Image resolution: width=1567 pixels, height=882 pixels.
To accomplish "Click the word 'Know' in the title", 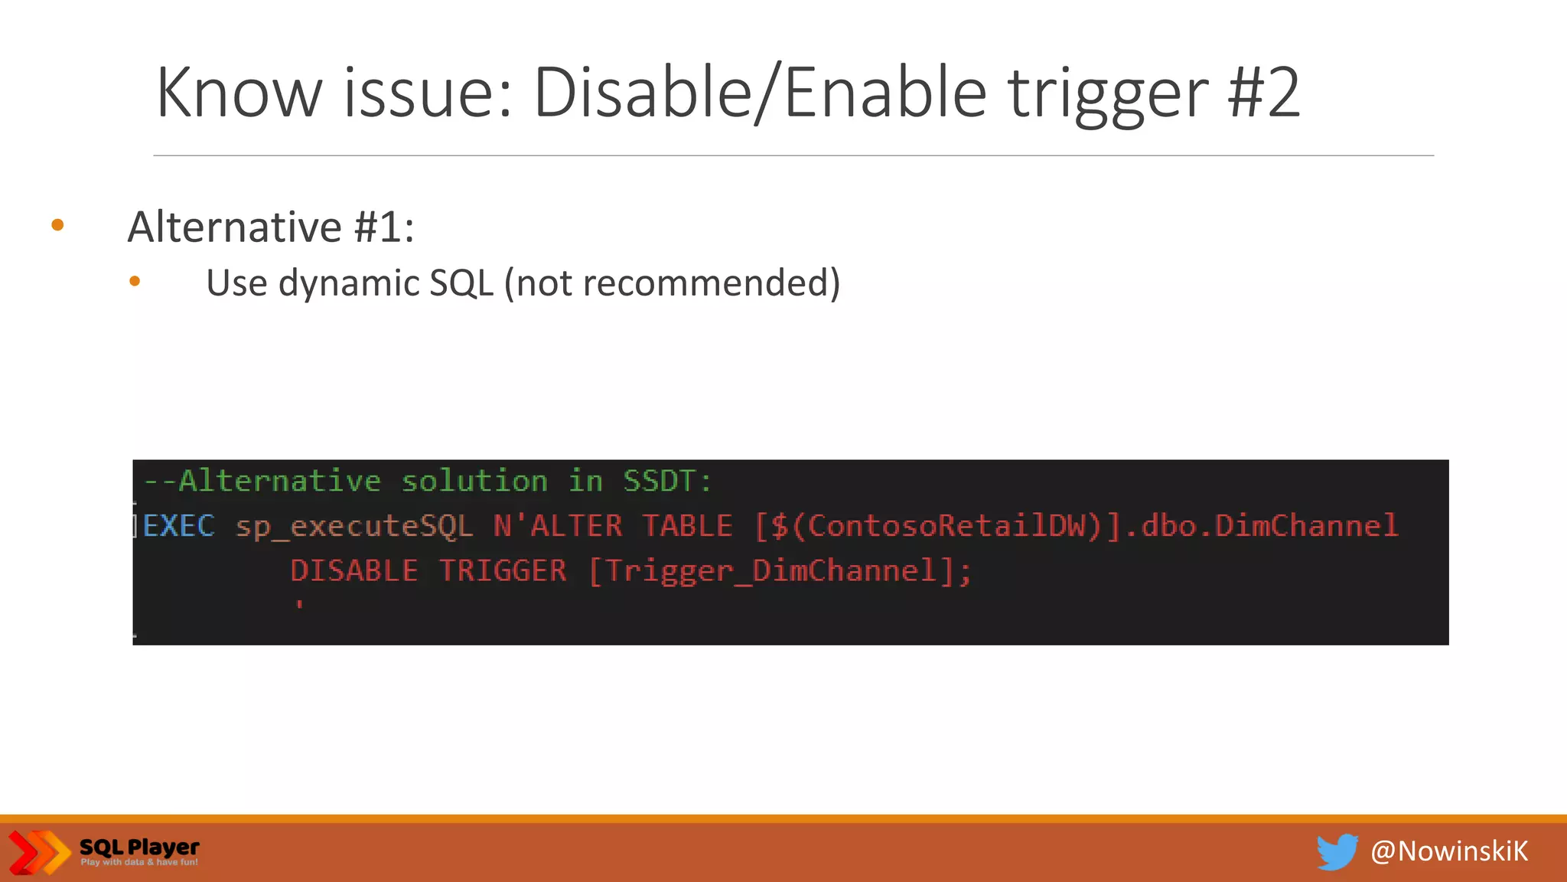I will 239,93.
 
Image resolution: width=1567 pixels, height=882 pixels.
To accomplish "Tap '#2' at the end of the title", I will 1262,93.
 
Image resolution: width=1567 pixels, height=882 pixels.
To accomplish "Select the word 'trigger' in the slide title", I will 1107,96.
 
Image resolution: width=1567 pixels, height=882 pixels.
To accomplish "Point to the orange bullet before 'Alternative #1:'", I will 57,225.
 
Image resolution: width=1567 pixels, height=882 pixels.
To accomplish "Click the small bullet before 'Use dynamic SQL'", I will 135,282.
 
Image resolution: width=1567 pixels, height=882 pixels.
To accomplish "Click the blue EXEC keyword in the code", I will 179,526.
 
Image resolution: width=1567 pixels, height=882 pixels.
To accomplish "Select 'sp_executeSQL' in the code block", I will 354,527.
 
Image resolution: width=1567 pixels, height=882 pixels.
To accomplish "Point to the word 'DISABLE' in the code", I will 354,571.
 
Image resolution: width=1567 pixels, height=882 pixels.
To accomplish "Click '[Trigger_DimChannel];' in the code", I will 780,571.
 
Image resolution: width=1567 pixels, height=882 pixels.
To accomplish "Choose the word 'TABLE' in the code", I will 687,526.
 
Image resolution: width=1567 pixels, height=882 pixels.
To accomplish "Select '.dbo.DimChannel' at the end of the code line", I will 1262,526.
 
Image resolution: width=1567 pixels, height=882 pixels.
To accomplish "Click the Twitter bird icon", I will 1337,851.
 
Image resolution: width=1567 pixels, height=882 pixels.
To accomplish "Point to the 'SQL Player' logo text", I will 139,847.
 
